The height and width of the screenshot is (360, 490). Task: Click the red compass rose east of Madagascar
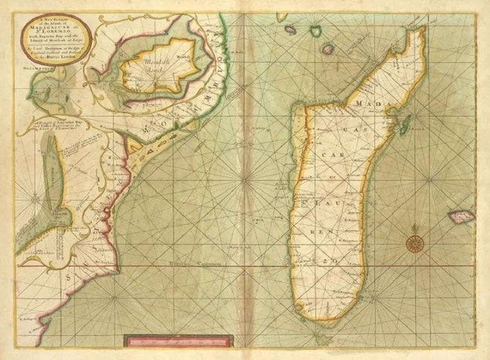point(415,243)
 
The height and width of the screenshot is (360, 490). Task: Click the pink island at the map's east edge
point(460,217)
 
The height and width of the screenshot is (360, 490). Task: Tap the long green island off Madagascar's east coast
point(405,121)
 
